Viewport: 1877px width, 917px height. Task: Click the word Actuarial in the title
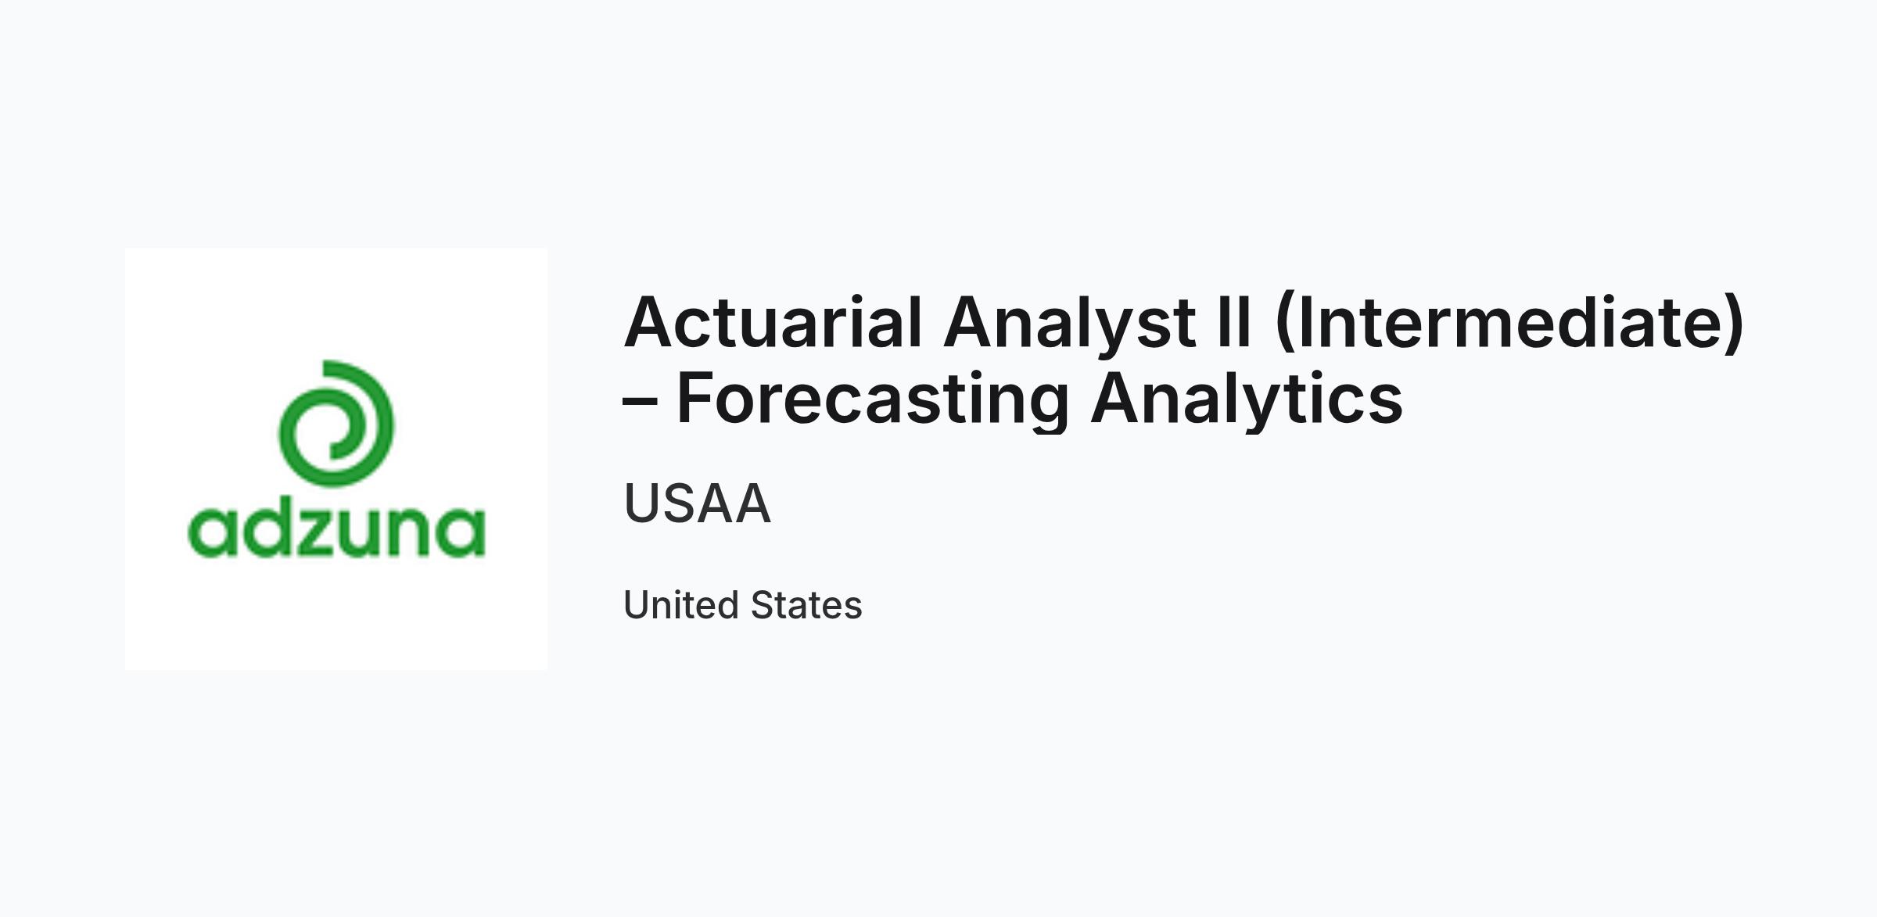pyautogui.click(x=773, y=322)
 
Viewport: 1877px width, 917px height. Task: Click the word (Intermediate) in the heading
pyautogui.click(x=1509, y=324)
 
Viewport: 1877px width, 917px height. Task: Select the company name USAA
pyautogui.click(x=698, y=503)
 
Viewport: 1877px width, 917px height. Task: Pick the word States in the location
pyautogui.click(x=806, y=605)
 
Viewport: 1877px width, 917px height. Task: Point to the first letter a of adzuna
pyautogui.click(x=211, y=533)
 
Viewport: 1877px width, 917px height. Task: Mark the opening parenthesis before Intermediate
pyautogui.click(x=1284, y=325)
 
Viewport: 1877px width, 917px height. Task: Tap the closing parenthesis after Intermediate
pyautogui.click(x=1735, y=325)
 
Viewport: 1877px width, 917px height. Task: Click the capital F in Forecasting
pyautogui.click(x=695, y=399)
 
